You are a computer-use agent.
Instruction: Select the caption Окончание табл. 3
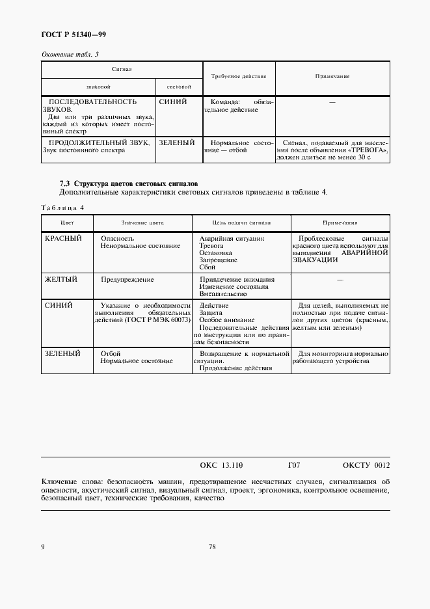coord(70,55)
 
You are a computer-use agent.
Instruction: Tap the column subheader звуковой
coord(98,87)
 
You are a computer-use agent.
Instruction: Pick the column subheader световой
coord(178,87)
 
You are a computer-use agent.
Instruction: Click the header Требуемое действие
coord(239,77)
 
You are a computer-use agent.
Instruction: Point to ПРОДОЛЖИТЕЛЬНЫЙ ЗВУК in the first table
coord(99,142)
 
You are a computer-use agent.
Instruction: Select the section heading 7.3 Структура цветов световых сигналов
coord(129,183)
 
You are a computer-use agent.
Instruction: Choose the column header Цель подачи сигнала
coord(241,223)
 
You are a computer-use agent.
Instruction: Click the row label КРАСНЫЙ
coord(63,239)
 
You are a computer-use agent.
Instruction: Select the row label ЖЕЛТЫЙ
coord(61,279)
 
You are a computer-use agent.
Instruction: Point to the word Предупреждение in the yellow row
coord(127,280)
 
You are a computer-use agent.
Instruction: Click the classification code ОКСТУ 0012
coord(366,465)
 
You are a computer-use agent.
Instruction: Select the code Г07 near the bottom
coord(293,465)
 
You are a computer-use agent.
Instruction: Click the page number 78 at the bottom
coord(212,547)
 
